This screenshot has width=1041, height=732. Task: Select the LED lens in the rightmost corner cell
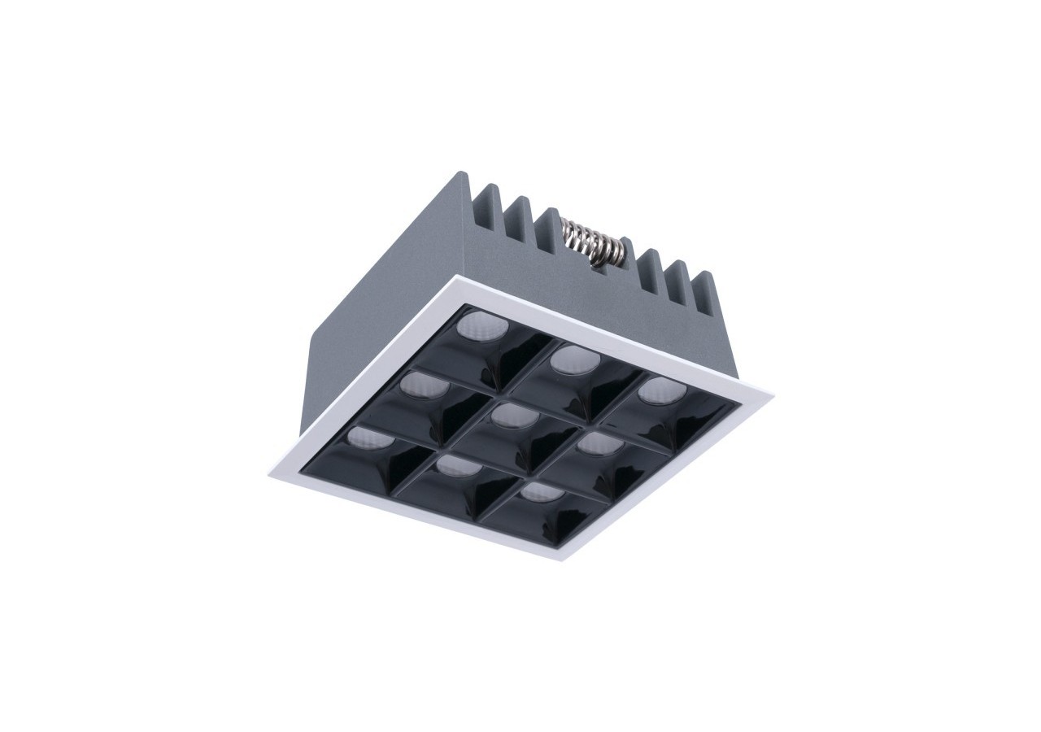[661, 390]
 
